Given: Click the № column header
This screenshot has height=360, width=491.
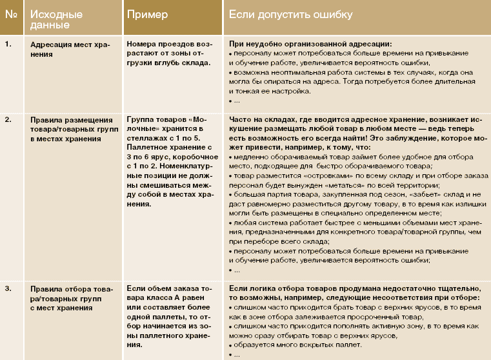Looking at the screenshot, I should click(x=10, y=14).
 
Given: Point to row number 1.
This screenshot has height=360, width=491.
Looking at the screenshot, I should click(x=8, y=44).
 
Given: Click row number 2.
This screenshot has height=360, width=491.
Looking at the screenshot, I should click(x=8, y=119).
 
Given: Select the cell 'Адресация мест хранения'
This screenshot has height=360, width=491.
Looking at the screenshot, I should click(x=70, y=49).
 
